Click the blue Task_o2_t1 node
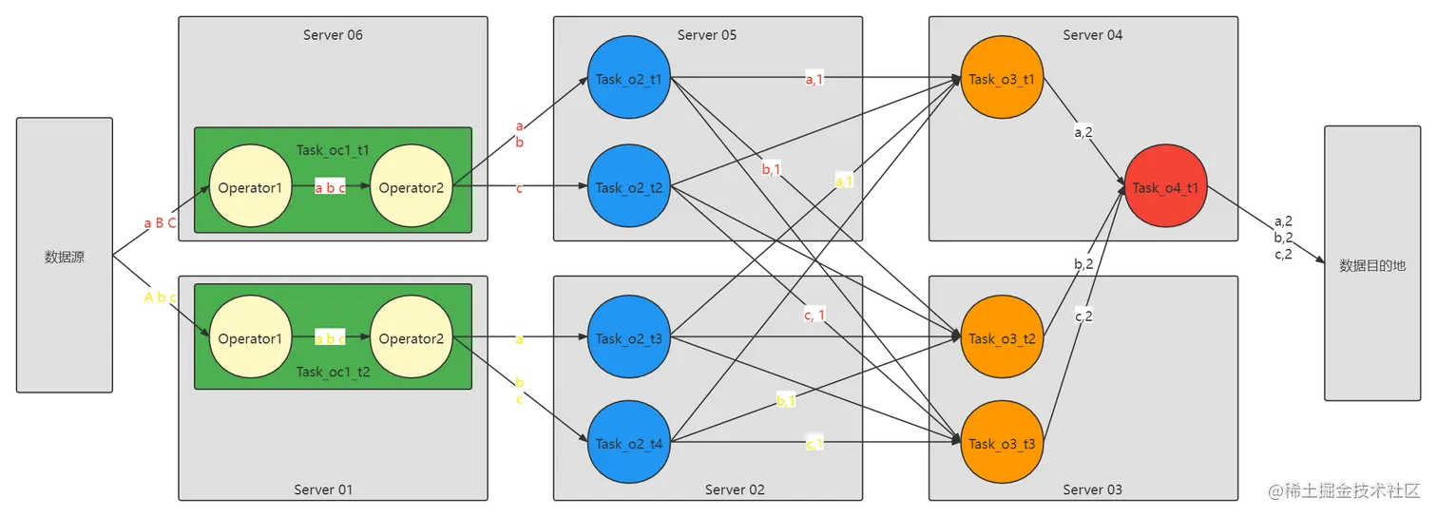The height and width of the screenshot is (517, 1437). [x=628, y=79]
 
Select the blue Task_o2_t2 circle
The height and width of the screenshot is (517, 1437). [x=628, y=187]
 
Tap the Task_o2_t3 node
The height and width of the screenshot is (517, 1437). [x=628, y=338]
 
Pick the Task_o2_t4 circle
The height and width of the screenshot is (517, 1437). [x=628, y=443]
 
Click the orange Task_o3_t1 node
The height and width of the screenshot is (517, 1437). [x=1001, y=79]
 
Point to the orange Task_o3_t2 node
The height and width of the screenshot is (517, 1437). [x=1001, y=338]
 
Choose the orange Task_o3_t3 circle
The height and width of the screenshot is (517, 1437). [x=1001, y=443]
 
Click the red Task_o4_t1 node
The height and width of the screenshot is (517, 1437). [x=1165, y=187]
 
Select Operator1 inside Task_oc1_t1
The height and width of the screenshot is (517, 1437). [x=250, y=187]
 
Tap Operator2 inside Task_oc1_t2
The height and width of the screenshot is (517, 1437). [x=412, y=338]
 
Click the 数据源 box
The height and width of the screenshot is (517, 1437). [x=65, y=256]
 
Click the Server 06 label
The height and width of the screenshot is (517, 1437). [x=333, y=35]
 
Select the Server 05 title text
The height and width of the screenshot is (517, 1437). [x=706, y=35]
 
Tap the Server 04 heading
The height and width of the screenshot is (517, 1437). [x=1092, y=35]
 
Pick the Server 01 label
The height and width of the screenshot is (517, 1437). [x=323, y=489]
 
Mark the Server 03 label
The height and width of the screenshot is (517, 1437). [x=1092, y=489]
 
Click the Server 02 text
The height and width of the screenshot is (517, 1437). [x=735, y=489]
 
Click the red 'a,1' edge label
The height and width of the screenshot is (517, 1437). [x=814, y=80]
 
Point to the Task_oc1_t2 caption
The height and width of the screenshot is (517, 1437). [x=333, y=372]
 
